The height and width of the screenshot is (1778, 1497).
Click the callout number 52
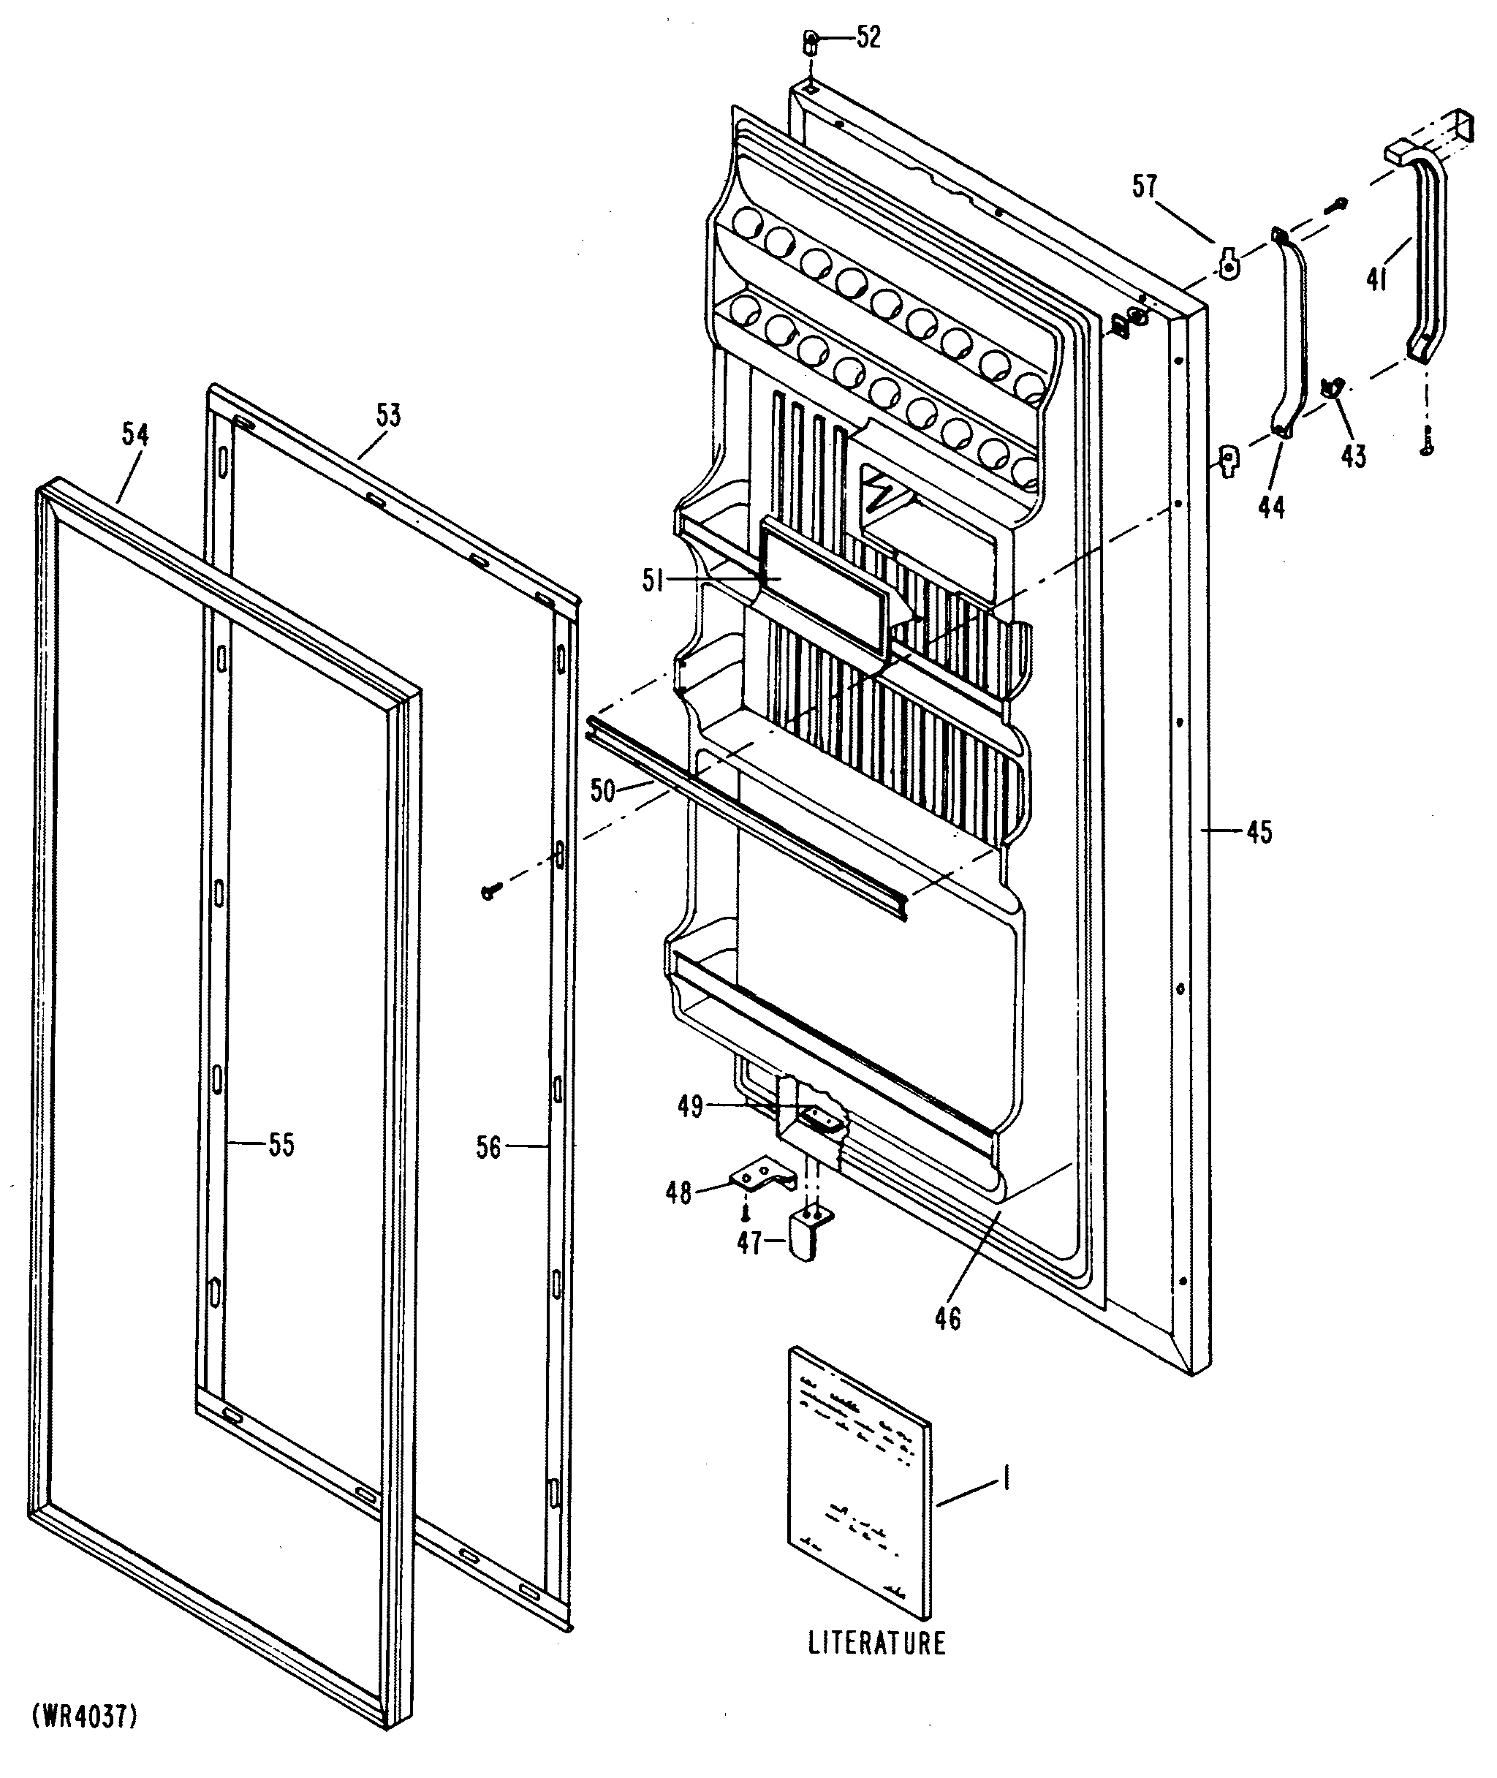[868, 37]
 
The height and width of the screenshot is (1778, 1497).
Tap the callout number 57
[1145, 186]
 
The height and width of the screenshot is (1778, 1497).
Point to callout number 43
[1354, 457]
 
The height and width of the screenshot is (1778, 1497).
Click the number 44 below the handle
[1271, 507]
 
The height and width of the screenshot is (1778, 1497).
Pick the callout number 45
[1259, 833]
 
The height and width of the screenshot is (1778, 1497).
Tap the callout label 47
[749, 1244]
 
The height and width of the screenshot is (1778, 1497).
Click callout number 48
[678, 1193]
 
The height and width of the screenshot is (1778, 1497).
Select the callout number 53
[389, 416]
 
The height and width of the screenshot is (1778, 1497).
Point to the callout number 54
[135, 434]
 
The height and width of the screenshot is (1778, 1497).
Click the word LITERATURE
[876, 1643]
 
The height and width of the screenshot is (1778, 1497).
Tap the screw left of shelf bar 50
[489, 891]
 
